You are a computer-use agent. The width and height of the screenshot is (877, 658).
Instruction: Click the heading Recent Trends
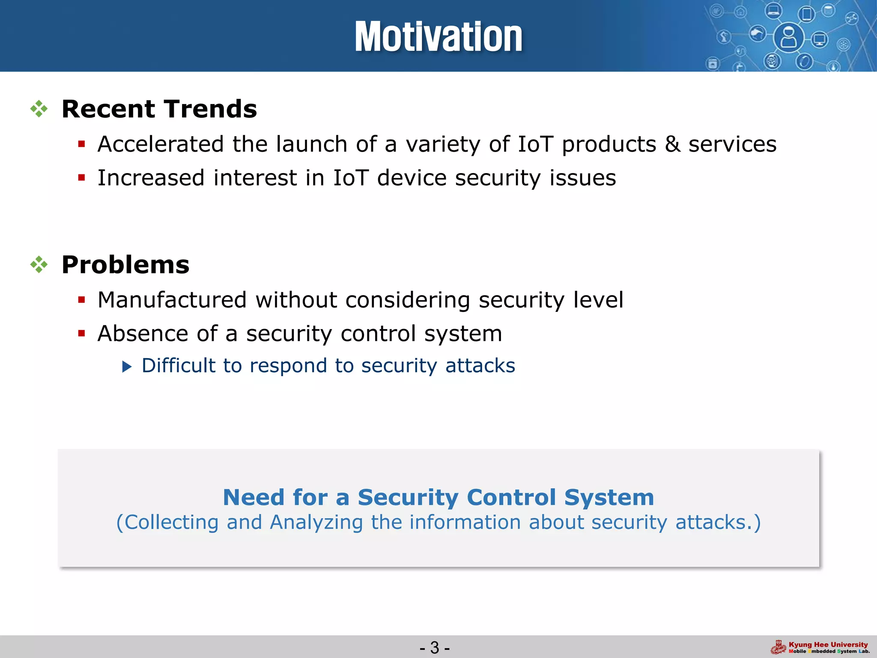click(159, 109)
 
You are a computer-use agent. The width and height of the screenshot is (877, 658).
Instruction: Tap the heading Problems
click(125, 265)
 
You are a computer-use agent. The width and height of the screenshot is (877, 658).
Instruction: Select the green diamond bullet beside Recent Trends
click(39, 109)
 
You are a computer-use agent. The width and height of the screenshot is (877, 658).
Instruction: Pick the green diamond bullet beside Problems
click(39, 265)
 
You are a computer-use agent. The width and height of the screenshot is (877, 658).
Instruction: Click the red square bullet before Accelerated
click(82, 144)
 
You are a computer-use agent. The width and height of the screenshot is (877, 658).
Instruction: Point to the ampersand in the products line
click(672, 144)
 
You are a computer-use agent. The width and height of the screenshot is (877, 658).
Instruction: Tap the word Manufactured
click(172, 299)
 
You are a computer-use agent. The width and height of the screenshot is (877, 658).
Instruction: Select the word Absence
click(143, 333)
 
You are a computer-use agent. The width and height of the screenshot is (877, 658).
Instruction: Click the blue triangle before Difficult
click(127, 366)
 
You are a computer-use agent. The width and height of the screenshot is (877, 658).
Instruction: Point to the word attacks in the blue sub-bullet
click(480, 366)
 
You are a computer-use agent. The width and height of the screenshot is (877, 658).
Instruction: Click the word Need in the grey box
click(254, 497)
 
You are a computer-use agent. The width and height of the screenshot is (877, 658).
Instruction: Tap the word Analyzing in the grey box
click(316, 522)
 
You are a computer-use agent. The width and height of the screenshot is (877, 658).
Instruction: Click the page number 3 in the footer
click(435, 647)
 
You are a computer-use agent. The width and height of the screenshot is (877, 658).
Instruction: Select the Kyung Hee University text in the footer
click(828, 644)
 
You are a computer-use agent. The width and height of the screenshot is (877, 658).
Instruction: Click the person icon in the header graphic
click(788, 38)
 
